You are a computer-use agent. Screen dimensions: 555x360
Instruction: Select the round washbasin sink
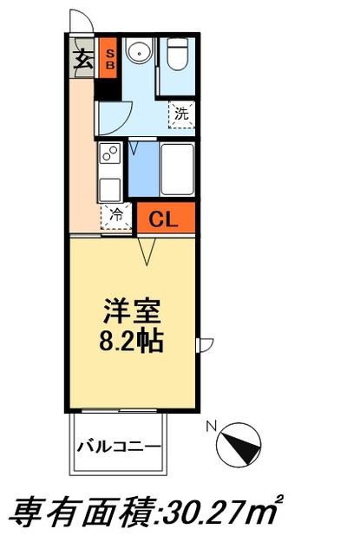pyautogui.click(x=136, y=55)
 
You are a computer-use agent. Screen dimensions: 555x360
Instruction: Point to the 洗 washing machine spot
pyautogui.click(x=181, y=112)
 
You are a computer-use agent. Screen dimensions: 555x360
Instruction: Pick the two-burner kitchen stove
pyautogui.click(x=111, y=155)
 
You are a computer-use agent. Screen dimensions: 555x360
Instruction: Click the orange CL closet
pyautogui.click(x=165, y=219)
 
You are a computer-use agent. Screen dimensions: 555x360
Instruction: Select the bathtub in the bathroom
pyautogui.click(x=177, y=168)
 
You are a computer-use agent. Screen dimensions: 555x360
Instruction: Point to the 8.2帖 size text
pyautogui.click(x=132, y=340)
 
